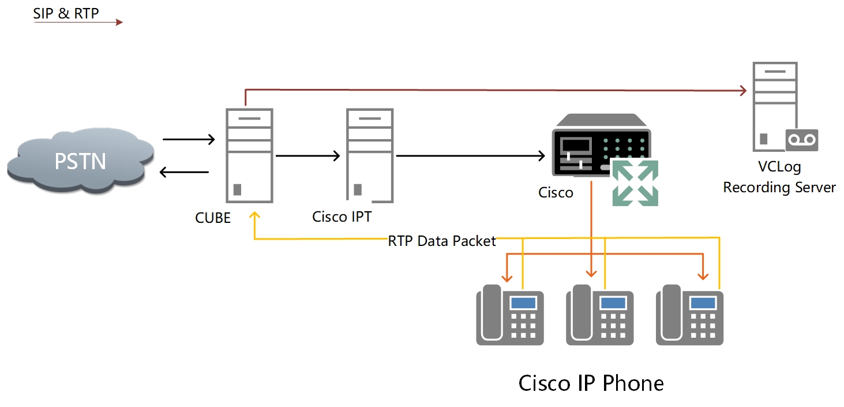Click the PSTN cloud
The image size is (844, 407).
click(x=80, y=160)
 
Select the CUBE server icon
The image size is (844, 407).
click(x=249, y=155)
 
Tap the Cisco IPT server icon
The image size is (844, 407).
click(x=369, y=155)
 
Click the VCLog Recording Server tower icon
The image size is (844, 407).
click(x=775, y=107)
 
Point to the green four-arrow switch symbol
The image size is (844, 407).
click(x=635, y=182)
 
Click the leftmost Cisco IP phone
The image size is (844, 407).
click(x=510, y=315)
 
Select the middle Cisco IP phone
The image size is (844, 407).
click(x=599, y=315)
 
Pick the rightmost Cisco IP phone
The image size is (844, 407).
click(x=689, y=315)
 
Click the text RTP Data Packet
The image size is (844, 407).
click(x=442, y=241)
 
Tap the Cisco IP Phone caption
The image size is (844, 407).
click(x=591, y=383)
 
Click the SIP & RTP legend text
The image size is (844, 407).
click(x=66, y=13)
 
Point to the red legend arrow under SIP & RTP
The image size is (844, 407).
click(x=78, y=23)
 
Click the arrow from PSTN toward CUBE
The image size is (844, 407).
click(x=189, y=139)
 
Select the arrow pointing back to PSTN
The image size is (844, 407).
click(x=184, y=171)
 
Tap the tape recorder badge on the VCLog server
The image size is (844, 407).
click(x=801, y=140)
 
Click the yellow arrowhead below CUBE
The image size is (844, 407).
click(x=254, y=215)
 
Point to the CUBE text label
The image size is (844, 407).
click(x=213, y=218)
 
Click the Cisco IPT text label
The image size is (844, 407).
click(x=342, y=216)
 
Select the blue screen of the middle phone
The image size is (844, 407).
click(x=613, y=302)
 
